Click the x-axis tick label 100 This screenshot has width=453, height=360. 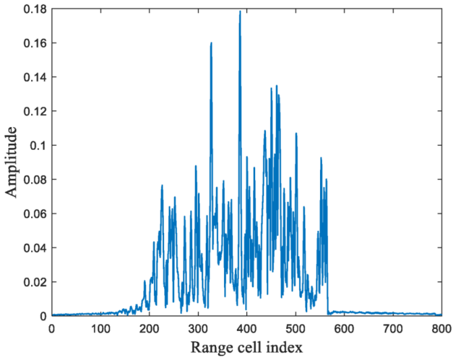coord(101,329)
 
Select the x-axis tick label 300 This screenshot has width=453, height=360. coord(198,329)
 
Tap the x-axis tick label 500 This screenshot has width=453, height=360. coord(295,329)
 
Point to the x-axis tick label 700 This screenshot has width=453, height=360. coord(393,329)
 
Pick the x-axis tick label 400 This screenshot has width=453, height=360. coord(247,329)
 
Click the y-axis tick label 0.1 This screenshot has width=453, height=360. coord(38,145)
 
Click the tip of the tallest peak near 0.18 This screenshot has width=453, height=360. coord(240,11)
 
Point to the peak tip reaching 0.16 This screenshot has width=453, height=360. coord(212,43)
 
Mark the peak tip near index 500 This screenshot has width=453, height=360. coord(296,134)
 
